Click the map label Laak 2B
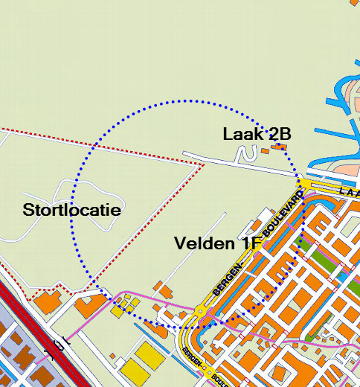click(256, 134)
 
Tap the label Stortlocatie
click(71, 210)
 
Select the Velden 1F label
click(217, 243)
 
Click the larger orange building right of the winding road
click(279, 147)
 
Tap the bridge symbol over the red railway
click(60, 344)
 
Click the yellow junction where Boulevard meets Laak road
click(305, 183)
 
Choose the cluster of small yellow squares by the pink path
click(123, 306)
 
